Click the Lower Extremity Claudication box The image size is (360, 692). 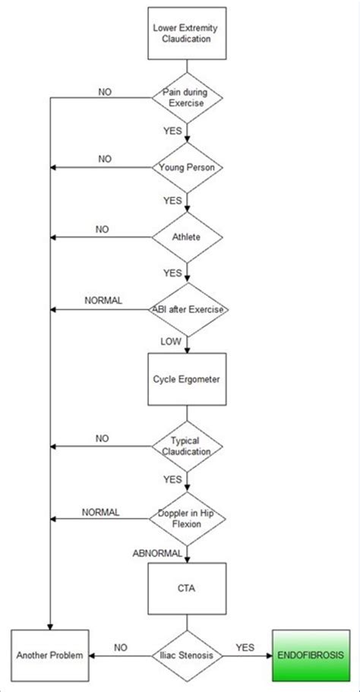(x=187, y=33)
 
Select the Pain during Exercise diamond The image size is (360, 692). (x=187, y=97)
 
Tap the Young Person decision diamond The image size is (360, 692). (x=187, y=166)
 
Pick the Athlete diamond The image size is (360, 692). (x=187, y=237)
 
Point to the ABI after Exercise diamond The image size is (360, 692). (x=187, y=309)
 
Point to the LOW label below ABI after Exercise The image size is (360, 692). (x=171, y=341)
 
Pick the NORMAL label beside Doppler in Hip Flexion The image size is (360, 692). (x=100, y=511)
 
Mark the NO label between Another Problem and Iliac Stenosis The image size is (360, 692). (x=121, y=646)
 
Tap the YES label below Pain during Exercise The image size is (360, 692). (x=172, y=130)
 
